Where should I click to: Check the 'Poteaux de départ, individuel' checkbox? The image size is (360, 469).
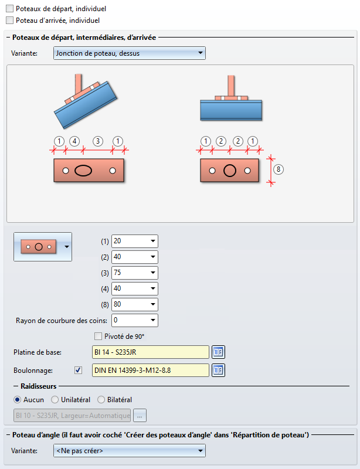(x=9, y=9)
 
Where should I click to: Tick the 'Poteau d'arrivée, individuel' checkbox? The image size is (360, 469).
(x=9, y=20)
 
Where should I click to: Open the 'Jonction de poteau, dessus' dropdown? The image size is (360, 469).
(x=129, y=53)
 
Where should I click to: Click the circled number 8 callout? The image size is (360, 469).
(x=279, y=169)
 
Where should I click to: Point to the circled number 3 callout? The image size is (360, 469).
(x=98, y=141)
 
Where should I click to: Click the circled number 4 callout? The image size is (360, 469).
(x=74, y=141)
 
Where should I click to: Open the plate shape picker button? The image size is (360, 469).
(x=43, y=246)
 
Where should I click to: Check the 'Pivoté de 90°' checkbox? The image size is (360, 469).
(x=99, y=337)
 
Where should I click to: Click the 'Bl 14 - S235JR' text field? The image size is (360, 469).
(x=150, y=352)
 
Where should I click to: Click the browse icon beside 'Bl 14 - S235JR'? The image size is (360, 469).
(x=218, y=352)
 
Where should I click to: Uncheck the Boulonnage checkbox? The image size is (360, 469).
(x=79, y=371)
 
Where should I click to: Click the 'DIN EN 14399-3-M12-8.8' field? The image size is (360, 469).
(x=150, y=371)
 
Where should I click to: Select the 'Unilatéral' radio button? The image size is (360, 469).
(x=55, y=400)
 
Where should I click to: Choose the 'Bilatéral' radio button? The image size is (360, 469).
(x=101, y=400)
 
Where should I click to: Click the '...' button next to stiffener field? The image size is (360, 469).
(x=140, y=416)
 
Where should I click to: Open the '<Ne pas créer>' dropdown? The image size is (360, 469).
(x=129, y=451)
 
